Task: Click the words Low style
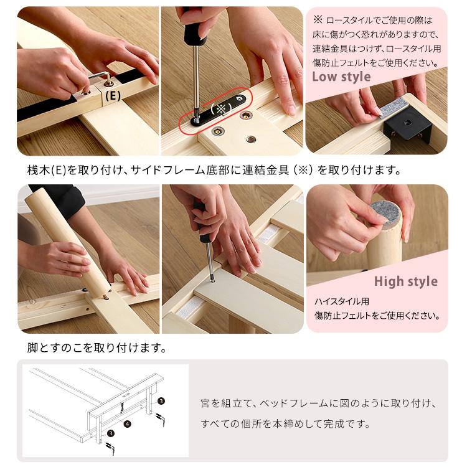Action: pos(341,77)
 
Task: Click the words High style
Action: pos(406,281)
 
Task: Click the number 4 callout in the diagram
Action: pos(127,424)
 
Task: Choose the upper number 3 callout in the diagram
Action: pos(161,401)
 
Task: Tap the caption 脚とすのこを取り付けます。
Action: pos(97,347)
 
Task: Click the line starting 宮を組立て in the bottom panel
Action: pos(318,403)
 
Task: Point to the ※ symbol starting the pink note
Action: pos(318,19)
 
